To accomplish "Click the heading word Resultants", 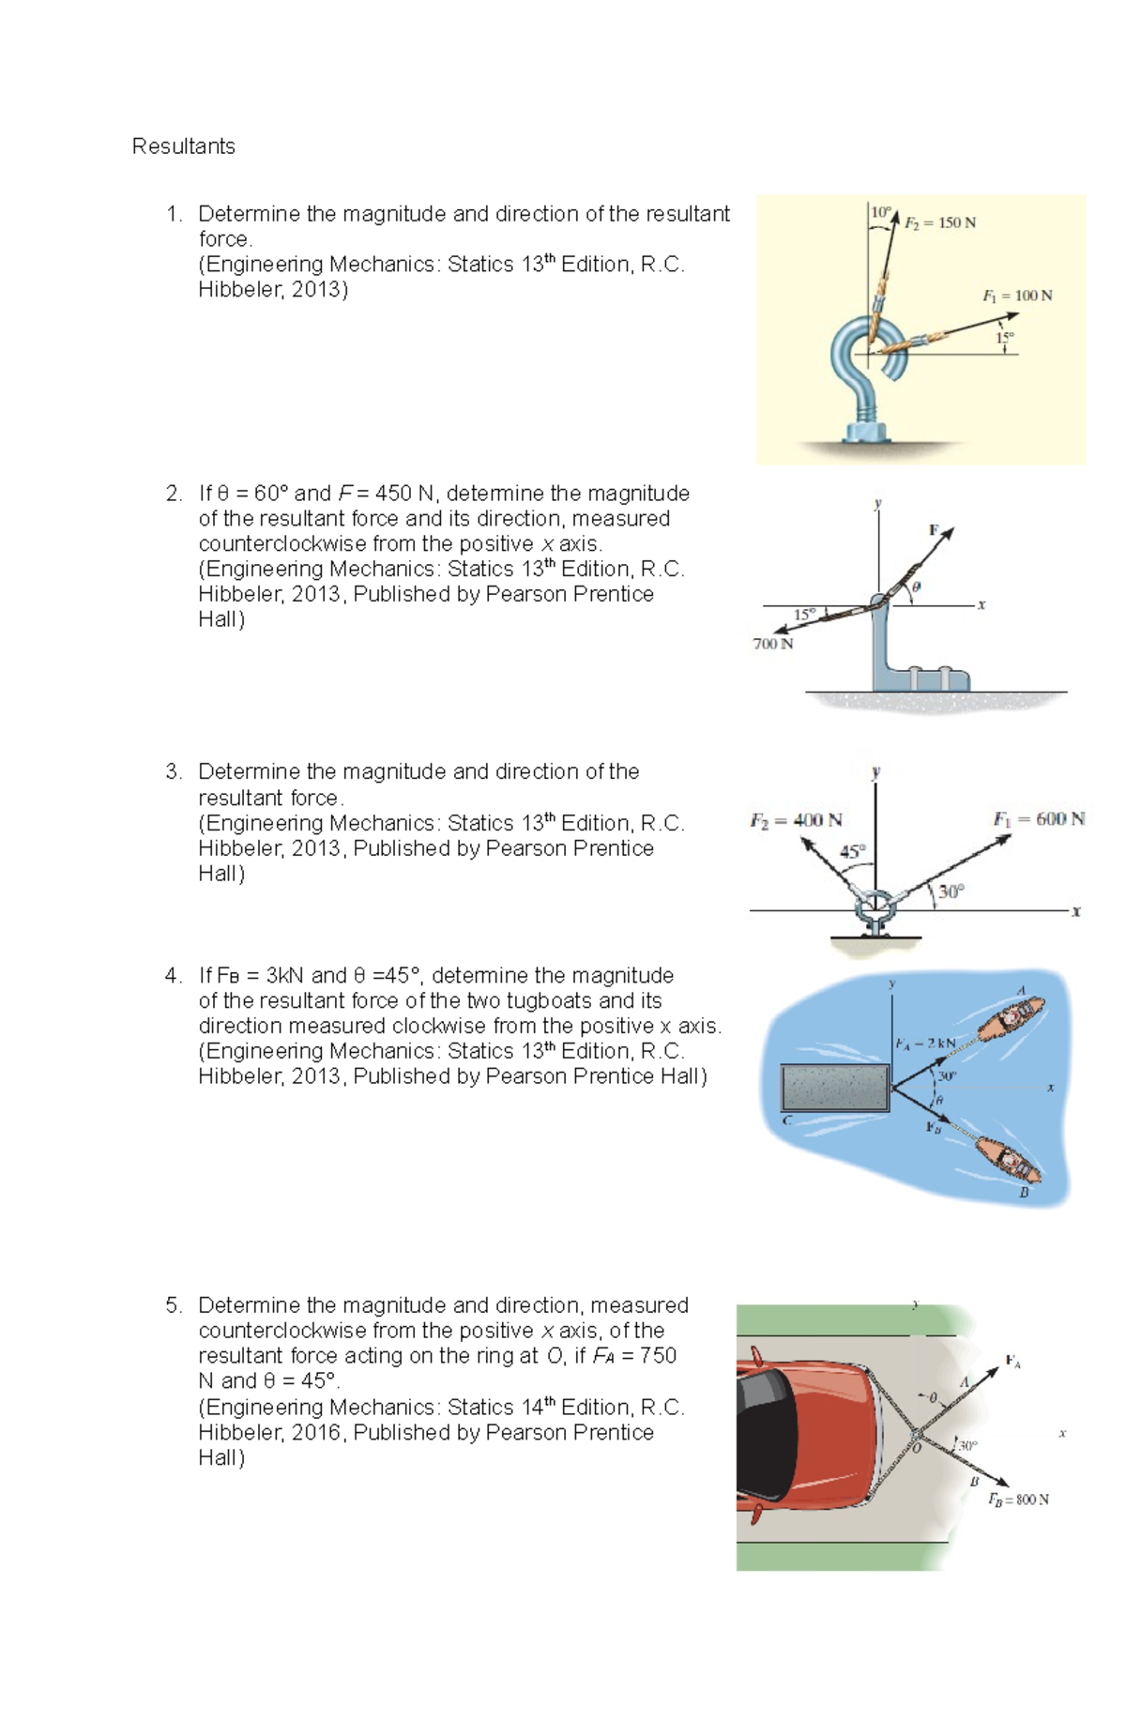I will click(x=183, y=146).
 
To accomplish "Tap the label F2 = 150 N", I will click(x=939, y=222).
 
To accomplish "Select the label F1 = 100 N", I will click(x=1017, y=296).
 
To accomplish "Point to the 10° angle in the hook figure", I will click(x=879, y=212).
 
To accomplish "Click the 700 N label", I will click(x=772, y=644).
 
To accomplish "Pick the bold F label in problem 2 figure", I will click(x=934, y=529).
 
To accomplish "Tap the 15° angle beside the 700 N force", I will click(x=804, y=615).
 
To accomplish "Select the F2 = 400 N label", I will click(x=796, y=820).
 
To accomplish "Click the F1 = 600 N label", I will click(x=1039, y=818).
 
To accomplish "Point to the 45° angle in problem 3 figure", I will click(x=852, y=852).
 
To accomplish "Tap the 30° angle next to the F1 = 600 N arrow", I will click(x=951, y=891).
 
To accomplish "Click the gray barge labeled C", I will click(x=835, y=1089).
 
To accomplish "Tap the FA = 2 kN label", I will click(x=925, y=1044).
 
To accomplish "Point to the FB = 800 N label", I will click(x=1018, y=1500).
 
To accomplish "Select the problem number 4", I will click(x=172, y=975).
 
